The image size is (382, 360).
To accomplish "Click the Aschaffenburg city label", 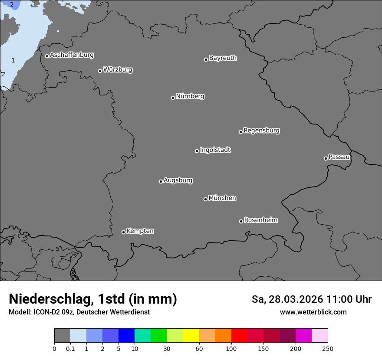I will [x=72, y=55].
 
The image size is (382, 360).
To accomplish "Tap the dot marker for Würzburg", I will [x=100, y=71].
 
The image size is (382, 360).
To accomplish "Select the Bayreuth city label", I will [x=223, y=58].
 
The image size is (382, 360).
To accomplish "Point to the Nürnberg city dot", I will [x=173, y=98].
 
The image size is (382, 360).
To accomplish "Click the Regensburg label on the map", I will [x=261, y=130].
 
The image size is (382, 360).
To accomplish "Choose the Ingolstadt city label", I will [x=215, y=150].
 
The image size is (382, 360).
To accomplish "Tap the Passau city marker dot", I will [x=326, y=158].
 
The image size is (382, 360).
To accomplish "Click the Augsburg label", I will [x=178, y=180].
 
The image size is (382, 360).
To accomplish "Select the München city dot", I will [x=205, y=199].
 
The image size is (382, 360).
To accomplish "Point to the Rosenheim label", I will [x=260, y=220].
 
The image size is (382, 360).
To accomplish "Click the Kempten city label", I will [x=140, y=231].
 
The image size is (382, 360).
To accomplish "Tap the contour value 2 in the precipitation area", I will [x=12, y=4].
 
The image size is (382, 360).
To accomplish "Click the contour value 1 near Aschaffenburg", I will [x=13, y=60].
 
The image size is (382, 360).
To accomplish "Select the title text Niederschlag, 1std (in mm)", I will [x=93, y=299].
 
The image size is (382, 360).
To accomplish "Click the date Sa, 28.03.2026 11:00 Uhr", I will [x=311, y=299].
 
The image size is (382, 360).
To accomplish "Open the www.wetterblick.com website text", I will [x=313, y=312].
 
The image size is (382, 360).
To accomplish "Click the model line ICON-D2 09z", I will [x=79, y=312].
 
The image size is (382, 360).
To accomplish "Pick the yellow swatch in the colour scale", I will [x=191, y=336].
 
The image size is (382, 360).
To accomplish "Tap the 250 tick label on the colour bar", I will [x=328, y=348].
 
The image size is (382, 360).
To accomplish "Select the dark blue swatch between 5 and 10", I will [x=126, y=336].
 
